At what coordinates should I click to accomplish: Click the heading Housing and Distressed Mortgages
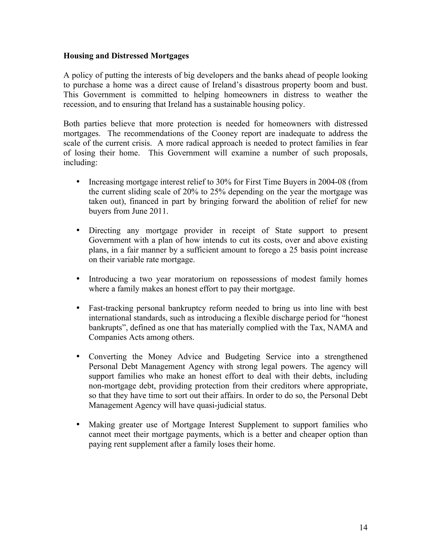pyautogui.click(x=126, y=56)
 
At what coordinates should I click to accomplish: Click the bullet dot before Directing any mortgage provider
pyautogui.click(x=78, y=230)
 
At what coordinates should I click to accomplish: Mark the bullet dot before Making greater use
pyautogui.click(x=78, y=424)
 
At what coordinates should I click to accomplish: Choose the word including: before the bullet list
pyautogui.click(x=80, y=163)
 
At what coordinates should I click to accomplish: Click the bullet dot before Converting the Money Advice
pyautogui.click(x=78, y=356)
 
